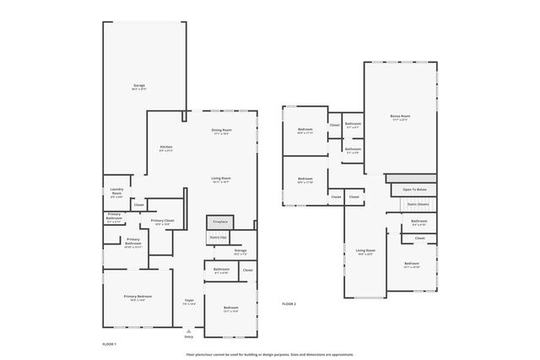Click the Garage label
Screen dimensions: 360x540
[x=139, y=87]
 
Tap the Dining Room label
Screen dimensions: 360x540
[x=221, y=132]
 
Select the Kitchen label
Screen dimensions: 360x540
[x=166, y=148]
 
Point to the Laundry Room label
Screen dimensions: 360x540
[x=116, y=192]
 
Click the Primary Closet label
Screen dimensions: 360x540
[x=162, y=222]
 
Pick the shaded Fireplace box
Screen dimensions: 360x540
[x=219, y=222]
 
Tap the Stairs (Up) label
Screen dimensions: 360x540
[x=218, y=238]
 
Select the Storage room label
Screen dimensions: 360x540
[x=240, y=251]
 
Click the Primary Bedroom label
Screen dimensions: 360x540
[x=138, y=298]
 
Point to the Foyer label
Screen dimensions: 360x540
[x=190, y=302]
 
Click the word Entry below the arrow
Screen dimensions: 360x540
[x=188, y=337]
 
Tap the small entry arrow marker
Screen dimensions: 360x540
[x=188, y=330]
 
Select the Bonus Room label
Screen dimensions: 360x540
[x=400, y=117]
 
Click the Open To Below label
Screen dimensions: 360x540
[x=414, y=190]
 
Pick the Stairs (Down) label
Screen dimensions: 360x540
[x=418, y=204]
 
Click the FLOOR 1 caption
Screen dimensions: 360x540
[x=109, y=344]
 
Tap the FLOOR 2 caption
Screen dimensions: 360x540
[x=289, y=304]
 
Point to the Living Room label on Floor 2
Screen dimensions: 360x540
[x=364, y=251]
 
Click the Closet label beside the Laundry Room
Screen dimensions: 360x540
[x=139, y=205]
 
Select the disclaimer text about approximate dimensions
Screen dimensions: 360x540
[x=270, y=354]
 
